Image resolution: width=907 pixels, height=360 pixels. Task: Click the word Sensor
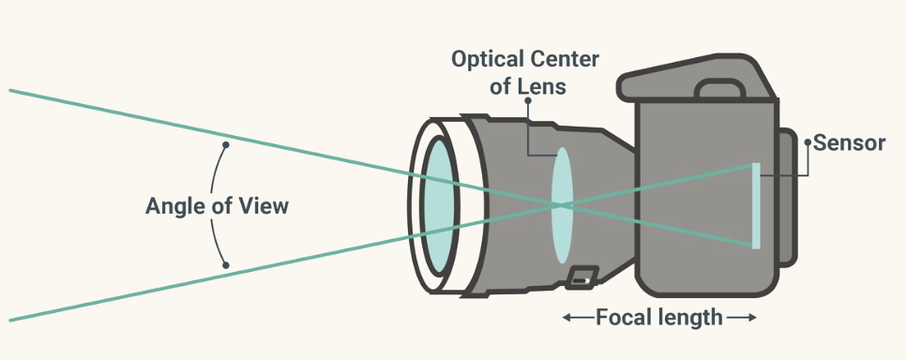[x=849, y=143]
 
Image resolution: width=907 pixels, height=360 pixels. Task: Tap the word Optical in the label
[x=487, y=59]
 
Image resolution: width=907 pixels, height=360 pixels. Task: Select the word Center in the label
[x=564, y=59]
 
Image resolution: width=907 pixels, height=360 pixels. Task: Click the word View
[x=264, y=206]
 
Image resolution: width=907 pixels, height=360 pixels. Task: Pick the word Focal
[x=625, y=317]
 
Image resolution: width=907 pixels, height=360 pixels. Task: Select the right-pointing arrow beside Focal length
[x=742, y=317]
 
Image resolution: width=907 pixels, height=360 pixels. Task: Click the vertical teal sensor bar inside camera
[x=756, y=205]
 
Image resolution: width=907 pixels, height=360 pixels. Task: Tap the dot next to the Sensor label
[x=808, y=142]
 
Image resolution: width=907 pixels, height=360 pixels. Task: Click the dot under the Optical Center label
[x=527, y=100]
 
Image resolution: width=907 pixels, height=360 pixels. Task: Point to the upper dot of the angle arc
[x=226, y=144]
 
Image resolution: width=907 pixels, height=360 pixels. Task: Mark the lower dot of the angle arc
[x=226, y=265]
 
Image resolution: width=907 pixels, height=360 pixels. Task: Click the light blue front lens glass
[x=439, y=205]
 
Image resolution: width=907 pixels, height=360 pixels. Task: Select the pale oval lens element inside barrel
[x=562, y=205]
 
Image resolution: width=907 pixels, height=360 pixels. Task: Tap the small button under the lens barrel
[x=582, y=277]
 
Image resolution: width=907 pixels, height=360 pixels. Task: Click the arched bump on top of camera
[x=719, y=88]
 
